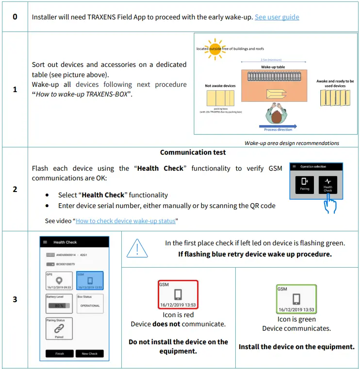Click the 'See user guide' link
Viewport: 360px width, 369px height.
pyautogui.click(x=277, y=17)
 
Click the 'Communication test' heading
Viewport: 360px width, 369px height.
pyautogui.click(x=193, y=152)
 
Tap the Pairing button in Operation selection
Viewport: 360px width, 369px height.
pyautogui.click(x=305, y=185)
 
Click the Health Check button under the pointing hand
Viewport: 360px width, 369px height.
pyautogui.click(x=328, y=184)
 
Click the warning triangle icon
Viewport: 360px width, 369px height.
pyautogui.click(x=137, y=248)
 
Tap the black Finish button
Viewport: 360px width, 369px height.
pyautogui.click(x=59, y=353)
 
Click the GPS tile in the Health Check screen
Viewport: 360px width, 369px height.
pyautogui.click(x=59, y=281)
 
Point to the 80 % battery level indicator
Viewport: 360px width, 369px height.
pyautogui.click(x=59, y=305)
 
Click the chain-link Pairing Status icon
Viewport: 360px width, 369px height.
pyautogui.click(x=59, y=328)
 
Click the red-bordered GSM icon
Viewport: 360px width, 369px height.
pyautogui.click(x=178, y=294)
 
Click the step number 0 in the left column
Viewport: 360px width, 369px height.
pyautogui.click(x=15, y=16)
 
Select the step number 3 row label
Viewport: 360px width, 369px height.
pyautogui.click(x=15, y=299)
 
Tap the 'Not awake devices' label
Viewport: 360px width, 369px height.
pyautogui.click(x=220, y=86)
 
